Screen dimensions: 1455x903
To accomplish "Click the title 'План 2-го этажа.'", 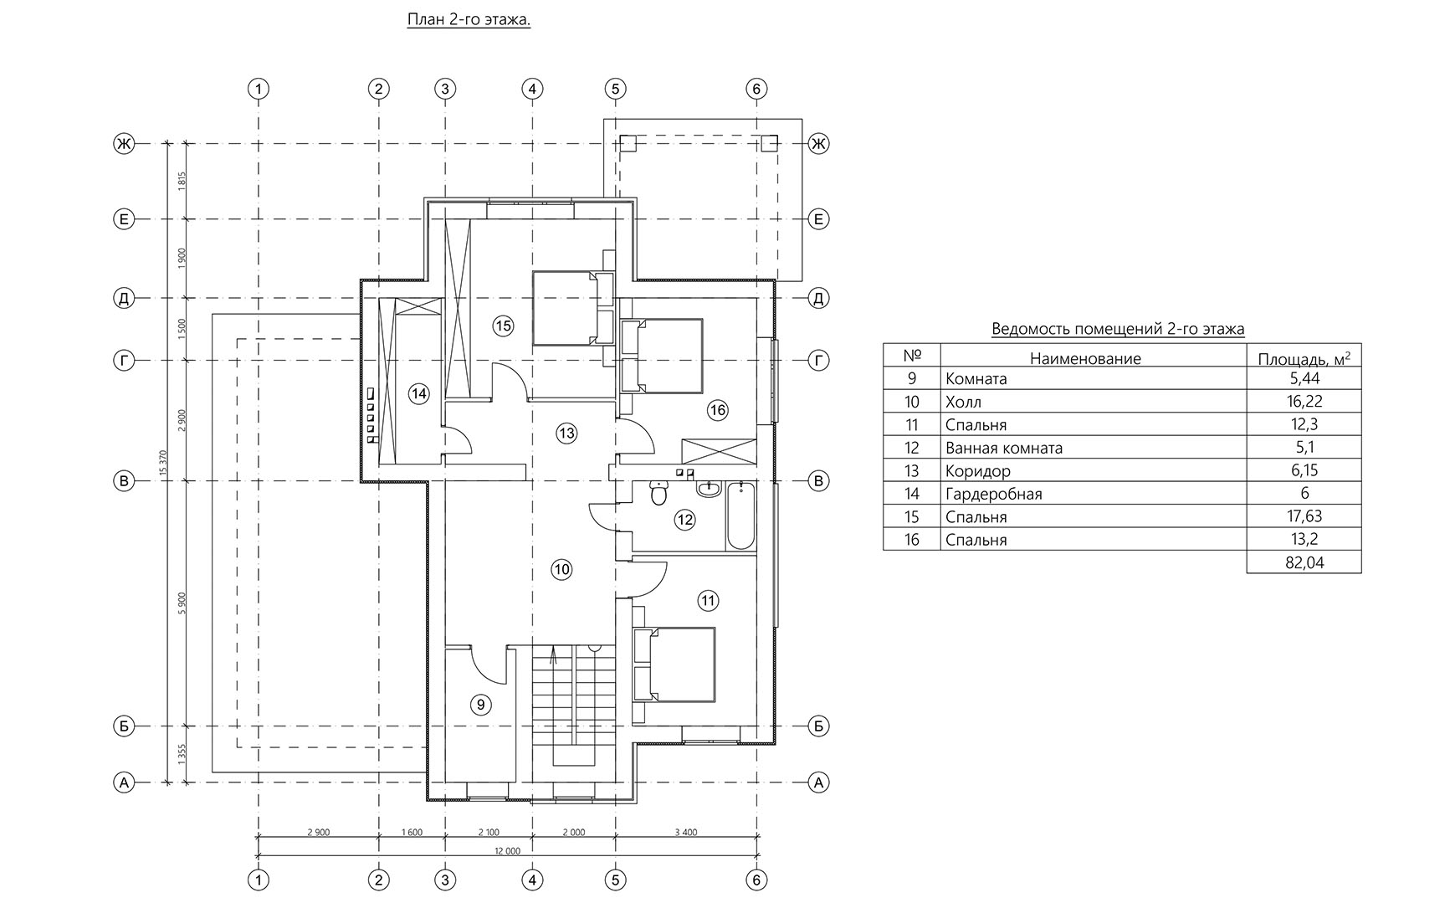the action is [469, 19].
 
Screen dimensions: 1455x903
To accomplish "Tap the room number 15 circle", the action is [502, 326].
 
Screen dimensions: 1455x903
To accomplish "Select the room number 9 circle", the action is [480, 705].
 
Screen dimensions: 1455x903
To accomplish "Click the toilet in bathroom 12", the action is [658, 494].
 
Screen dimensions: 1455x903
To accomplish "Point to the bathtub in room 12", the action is [740, 516].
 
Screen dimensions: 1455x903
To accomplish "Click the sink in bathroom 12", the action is [710, 488].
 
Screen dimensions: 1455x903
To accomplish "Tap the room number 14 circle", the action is [418, 393].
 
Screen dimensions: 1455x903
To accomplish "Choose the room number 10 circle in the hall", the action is [561, 570].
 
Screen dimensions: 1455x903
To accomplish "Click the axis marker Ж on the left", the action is [124, 144].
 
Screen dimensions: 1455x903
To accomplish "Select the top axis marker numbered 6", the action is [756, 89].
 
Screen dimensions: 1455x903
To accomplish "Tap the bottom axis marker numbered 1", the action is [259, 880].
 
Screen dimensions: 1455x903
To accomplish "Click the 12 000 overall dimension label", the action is [508, 850].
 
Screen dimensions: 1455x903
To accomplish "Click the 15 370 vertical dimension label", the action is [164, 463].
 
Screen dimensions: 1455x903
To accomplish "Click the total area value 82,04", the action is [1304, 562].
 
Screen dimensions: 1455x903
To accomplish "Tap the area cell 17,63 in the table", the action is [1304, 516].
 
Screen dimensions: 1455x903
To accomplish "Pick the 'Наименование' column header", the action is [1085, 359].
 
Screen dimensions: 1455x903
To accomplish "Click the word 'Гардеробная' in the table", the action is [994, 494].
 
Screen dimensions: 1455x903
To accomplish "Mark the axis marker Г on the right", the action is [818, 361].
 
